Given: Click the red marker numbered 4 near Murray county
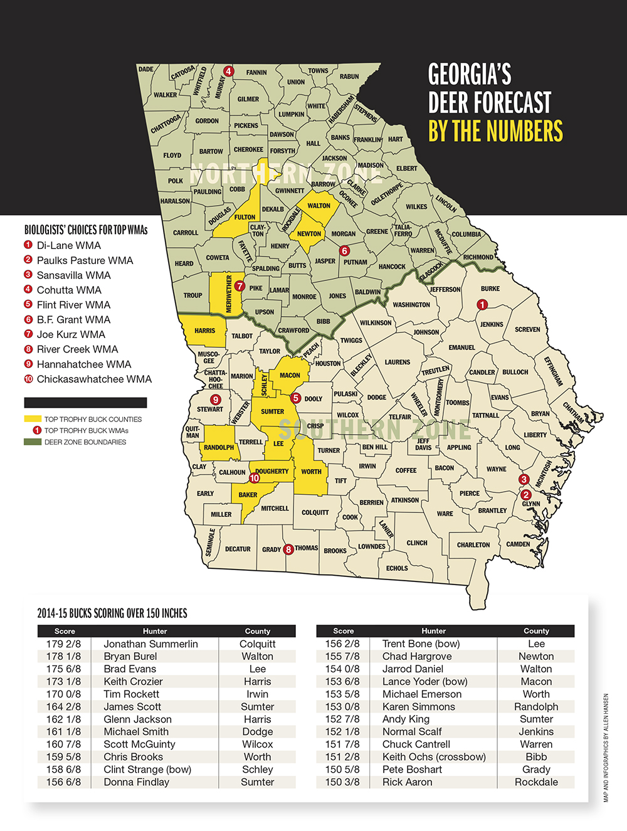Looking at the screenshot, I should coord(229,71).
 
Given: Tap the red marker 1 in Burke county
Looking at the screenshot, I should coord(482,305).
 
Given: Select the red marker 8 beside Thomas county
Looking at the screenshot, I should coord(288,549).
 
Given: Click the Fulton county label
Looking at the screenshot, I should coord(245,217).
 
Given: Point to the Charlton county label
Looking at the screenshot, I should coord(473,545).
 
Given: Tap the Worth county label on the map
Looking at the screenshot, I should coord(311,472).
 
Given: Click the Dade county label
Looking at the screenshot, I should coord(145,70).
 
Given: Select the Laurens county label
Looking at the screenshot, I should coord(398,363).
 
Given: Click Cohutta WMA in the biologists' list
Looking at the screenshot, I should coord(69,290).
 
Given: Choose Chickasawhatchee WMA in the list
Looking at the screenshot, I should coord(94,379).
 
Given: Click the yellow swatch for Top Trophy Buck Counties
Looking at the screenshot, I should coord(33,419).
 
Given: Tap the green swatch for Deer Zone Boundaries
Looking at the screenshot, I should coord(33,442).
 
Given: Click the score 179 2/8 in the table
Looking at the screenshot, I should coord(63,644).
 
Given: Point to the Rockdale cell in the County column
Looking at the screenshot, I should coord(536,782).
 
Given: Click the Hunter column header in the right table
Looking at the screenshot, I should coord(433,631).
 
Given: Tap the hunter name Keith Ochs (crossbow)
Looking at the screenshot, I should coord(434,757).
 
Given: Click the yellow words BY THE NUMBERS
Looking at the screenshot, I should coord(495,132).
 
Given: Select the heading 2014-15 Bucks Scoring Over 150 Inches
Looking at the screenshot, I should coord(112,613).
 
